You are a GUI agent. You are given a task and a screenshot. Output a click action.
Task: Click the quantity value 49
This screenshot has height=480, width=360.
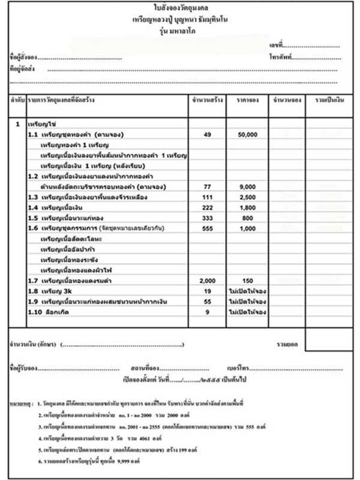tap(208, 135)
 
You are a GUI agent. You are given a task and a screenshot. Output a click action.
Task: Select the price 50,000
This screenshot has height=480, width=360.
tap(247, 135)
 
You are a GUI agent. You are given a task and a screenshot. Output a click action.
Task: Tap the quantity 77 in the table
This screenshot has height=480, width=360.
tap(208, 187)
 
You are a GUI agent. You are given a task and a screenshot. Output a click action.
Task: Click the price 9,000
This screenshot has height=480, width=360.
tap(247, 187)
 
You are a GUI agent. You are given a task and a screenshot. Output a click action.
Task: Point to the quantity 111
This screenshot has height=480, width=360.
tap(208, 197)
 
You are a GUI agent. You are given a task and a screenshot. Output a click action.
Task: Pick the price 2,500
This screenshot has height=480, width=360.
tap(247, 197)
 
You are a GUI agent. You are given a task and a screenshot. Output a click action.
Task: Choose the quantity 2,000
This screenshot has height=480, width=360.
tap(208, 281)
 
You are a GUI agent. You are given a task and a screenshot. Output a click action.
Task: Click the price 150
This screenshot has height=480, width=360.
tap(247, 281)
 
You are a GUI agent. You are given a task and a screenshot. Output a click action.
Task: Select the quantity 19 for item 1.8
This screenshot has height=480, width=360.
tap(208, 292)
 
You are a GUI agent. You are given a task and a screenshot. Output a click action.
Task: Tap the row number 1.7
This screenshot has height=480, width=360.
tap(33, 281)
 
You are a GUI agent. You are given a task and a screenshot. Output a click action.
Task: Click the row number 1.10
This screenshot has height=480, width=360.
tap(35, 312)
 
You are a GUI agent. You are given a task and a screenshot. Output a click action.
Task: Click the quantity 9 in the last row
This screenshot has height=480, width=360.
tap(208, 312)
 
